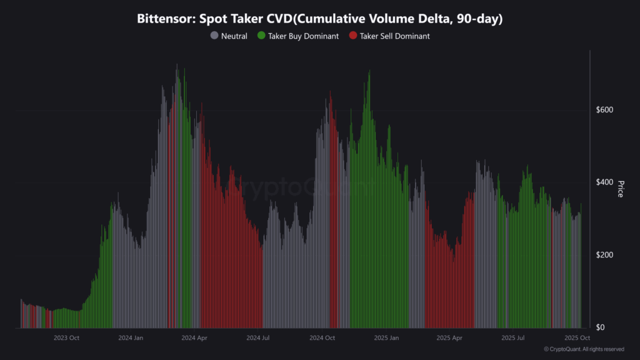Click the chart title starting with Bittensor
click(320, 19)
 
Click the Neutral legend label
click(234, 36)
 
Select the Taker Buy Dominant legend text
click(303, 36)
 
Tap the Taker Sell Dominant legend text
click(394, 36)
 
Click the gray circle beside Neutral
click(214, 36)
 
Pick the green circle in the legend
click(261, 36)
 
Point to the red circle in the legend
click(353, 36)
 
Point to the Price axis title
click(621, 189)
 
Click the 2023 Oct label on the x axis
click(66, 338)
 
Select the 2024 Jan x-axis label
click(131, 338)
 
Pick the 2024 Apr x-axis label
click(194, 338)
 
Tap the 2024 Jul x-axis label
click(258, 338)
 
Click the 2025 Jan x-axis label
click(386, 338)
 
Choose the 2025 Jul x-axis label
click(514, 338)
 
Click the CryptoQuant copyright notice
click(584, 349)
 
